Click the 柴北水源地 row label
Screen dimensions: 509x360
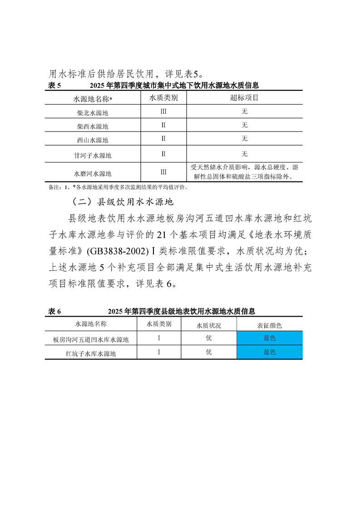(93, 112)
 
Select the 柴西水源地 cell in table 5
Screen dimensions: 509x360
(93, 126)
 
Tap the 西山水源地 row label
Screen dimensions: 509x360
(93, 140)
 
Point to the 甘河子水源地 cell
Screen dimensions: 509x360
(93, 155)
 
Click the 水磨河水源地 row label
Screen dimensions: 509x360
(93, 173)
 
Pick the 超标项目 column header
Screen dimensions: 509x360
(244, 98)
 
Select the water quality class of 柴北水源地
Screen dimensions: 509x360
(163, 111)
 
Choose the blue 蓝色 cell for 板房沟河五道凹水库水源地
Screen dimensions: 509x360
(269, 338)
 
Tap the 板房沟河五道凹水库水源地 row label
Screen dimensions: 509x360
(91, 339)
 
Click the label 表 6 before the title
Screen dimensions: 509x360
(54, 312)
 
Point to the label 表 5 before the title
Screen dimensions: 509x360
(54, 85)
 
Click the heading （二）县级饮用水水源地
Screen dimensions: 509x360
(120, 201)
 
